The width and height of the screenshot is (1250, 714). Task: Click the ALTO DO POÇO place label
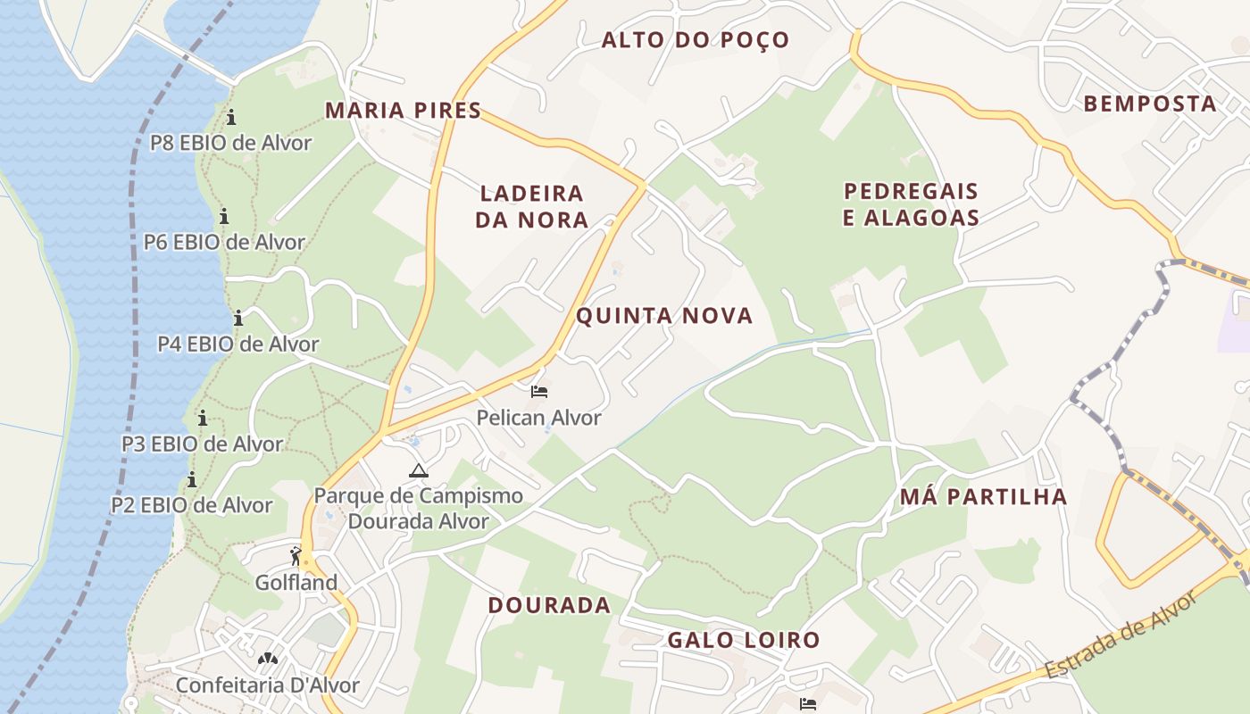coord(696,40)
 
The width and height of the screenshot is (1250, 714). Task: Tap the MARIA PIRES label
coord(403,111)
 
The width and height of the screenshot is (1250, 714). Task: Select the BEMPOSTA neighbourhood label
coord(1150,104)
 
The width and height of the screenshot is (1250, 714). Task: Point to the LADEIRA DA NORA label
coord(531,206)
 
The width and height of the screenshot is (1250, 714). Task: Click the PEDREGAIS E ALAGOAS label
coord(911,204)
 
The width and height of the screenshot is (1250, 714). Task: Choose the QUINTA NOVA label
coord(664,315)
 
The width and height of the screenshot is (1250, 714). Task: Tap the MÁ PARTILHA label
coord(983,497)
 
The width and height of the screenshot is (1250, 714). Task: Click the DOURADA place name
coord(549,605)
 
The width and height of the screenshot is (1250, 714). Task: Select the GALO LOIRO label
coord(744,640)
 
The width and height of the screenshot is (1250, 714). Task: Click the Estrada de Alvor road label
coord(1121,635)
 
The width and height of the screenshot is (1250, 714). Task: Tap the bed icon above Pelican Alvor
coord(538,392)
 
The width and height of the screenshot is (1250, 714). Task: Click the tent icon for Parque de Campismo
coord(418,470)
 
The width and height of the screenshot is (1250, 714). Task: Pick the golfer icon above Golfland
coord(296,556)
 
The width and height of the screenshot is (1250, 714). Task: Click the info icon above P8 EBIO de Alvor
coord(231,117)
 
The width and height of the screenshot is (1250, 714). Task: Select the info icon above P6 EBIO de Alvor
coord(224,216)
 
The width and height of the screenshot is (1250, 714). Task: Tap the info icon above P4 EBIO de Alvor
coord(238,318)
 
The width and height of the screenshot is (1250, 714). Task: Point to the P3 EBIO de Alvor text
coord(203,444)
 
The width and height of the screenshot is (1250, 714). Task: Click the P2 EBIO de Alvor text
coord(192,505)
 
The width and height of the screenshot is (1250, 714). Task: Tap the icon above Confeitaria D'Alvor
coord(267,660)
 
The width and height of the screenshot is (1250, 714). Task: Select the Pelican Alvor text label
coord(538,418)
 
